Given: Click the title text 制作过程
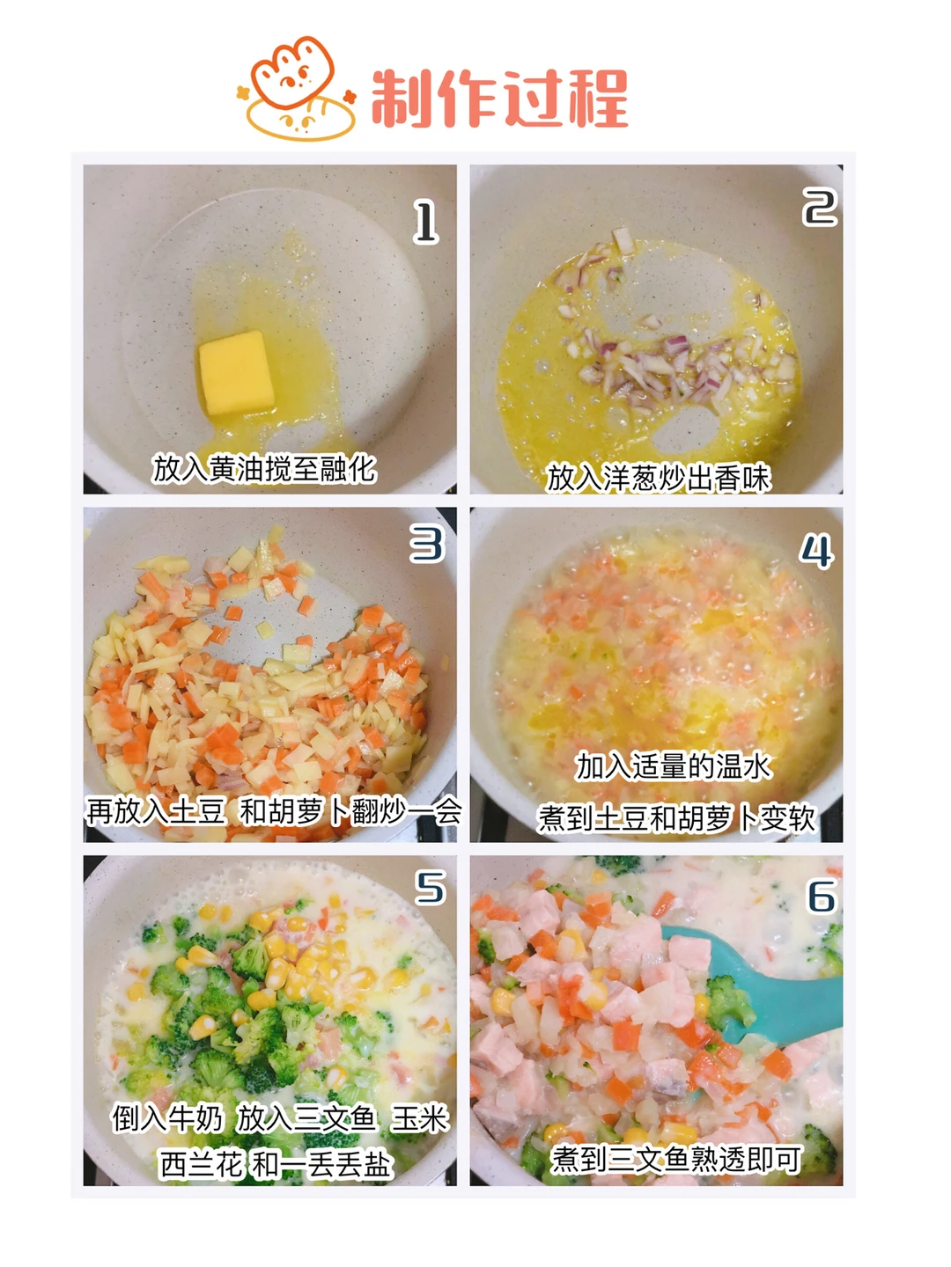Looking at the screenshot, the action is click(x=499, y=99).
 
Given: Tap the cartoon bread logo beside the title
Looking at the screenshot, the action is click(x=296, y=88).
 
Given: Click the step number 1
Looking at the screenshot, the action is click(x=425, y=223).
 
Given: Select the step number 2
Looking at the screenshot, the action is click(x=820, y=208).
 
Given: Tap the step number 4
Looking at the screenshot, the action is click(x=816, y=552).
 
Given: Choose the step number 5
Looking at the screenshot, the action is click(x=431, y=887).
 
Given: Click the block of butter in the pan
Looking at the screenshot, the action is click(x=236, y=372).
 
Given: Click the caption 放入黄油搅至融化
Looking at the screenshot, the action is click(x=264, y=468).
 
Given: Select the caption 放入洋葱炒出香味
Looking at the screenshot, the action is click(x=659, y=478).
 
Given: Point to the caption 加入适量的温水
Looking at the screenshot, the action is click(x=674, y=767).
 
